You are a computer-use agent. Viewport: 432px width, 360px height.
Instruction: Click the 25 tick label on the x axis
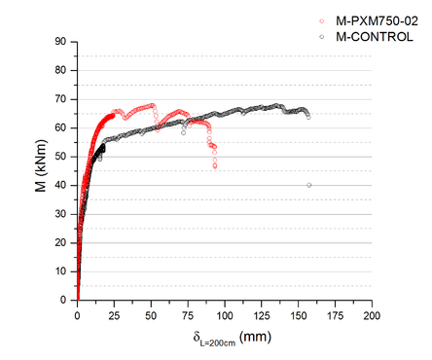[114, 315]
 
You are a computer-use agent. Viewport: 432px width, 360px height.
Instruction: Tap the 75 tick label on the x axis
[187, 315]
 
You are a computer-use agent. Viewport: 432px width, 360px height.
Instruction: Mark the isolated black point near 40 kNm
[309, 185]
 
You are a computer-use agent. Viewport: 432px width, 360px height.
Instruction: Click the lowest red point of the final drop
[215, 166]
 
